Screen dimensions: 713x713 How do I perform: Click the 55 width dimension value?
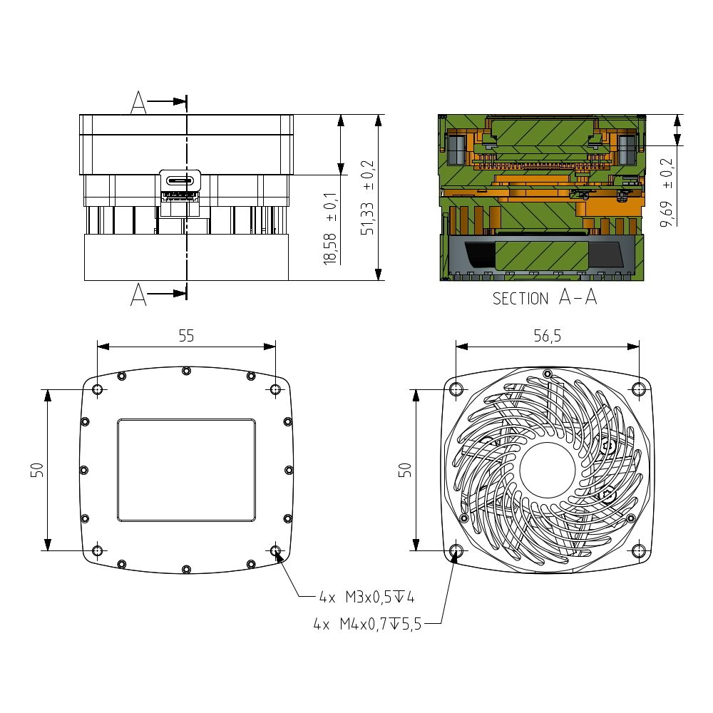point(186,336)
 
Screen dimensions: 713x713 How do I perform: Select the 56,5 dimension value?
point(547,336)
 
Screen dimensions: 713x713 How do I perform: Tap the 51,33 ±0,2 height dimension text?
point(367,198)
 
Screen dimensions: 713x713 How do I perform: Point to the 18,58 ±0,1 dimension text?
point(331,228)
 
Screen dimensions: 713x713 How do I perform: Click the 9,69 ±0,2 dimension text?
point(667,193)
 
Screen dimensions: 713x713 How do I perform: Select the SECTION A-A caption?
point(545,297)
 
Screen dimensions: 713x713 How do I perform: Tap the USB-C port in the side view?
point(180,180)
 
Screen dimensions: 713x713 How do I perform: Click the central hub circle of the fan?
point(547,470)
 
